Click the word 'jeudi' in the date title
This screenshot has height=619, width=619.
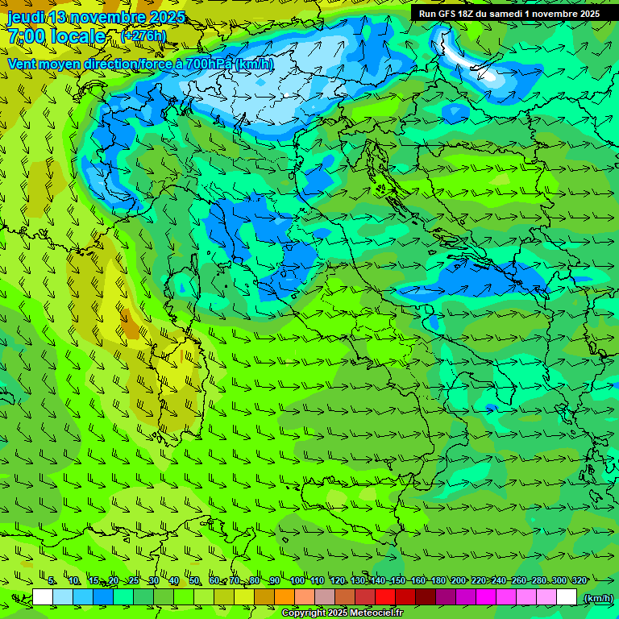click(26, 17)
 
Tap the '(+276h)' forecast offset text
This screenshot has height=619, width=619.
click(143, 35)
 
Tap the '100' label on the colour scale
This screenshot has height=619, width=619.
click(297, 580)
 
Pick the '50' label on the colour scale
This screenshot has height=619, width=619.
click(194, 580)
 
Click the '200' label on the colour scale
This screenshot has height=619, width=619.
click(459, 580)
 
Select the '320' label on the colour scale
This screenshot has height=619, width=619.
click(580, 580)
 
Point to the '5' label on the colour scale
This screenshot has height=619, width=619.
click(52, 580)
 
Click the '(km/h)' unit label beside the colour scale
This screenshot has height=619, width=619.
click(597, 597)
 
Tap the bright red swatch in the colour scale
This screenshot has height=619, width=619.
click(385, 597)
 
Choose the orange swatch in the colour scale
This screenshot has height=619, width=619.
click(285, 597)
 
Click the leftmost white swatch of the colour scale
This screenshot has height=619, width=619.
click(43, 597)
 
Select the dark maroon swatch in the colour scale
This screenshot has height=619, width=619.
click(426, 597)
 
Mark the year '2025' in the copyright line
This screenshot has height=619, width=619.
click(334, 613)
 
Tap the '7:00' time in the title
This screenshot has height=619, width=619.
click(26, 36)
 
